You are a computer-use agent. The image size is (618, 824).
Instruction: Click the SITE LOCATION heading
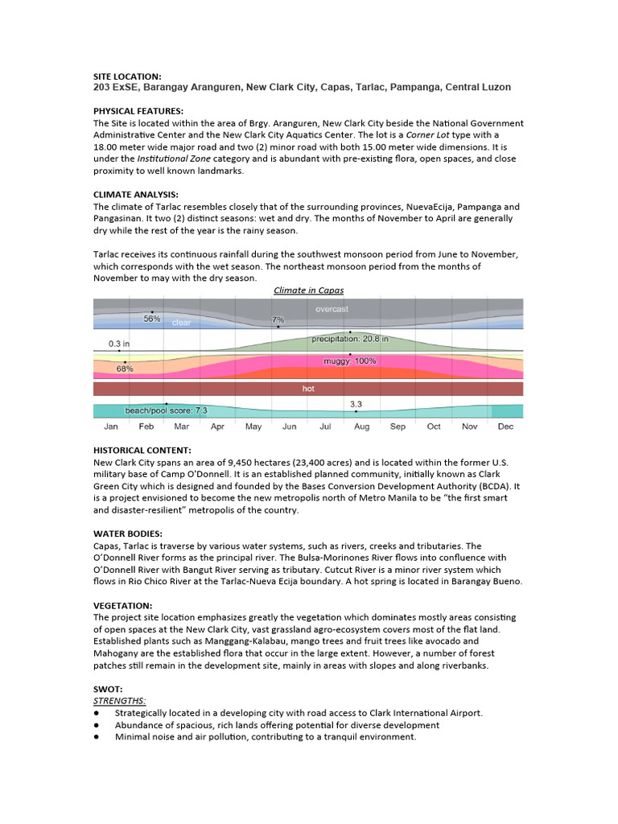point(127,76)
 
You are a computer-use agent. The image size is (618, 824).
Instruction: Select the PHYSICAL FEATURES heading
point(138,111)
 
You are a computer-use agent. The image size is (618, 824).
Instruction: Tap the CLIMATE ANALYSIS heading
point(135,195)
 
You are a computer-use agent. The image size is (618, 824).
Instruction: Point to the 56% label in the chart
point(152,319)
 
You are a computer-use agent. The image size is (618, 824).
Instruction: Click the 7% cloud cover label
point(278,320)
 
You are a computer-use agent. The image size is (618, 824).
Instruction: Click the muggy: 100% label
point(350,361)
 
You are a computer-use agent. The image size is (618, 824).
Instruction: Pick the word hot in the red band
point(308,389)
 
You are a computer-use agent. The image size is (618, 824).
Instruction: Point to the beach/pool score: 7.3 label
point(166,410)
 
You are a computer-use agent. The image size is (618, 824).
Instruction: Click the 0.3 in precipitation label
point(119,343)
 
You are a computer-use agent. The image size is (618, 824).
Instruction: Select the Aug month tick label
point(360,426)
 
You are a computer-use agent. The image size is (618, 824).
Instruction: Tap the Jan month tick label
point(111,426)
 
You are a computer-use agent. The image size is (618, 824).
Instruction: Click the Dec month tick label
point(505,426)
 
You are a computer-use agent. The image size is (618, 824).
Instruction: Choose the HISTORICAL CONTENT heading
point(142,449)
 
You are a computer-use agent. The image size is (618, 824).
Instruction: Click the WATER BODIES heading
point(129,533)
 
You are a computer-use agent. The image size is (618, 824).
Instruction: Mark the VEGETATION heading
point(122,604)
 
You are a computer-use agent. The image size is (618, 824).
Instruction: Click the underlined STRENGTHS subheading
point(119,701)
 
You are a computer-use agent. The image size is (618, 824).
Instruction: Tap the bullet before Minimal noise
point(97,736)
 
